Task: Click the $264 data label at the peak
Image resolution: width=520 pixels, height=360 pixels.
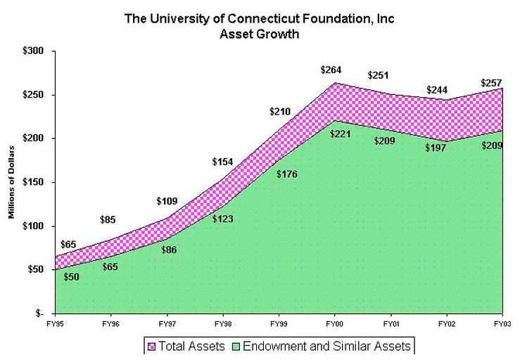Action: [x=332, y=70]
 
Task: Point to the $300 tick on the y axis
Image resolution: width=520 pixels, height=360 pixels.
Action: [x=33, y=51]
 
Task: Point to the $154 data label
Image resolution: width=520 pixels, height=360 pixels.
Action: [x=222, y=162]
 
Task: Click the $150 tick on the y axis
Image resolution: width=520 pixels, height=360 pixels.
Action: [x=33, y=183]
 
